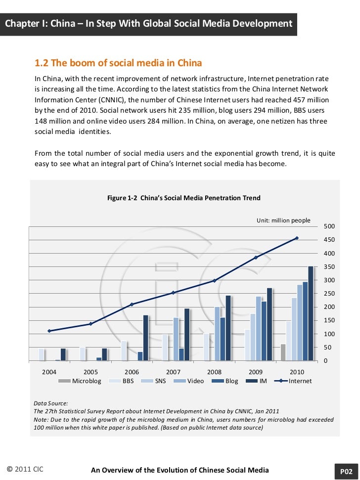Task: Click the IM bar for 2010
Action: [x=311, y=313]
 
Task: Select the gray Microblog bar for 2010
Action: [x=283, y=352]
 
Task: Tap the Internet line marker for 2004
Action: [x=49, y=331]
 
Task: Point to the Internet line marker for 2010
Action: [x=297, y=238]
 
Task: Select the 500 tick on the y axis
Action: [x=329, y=226]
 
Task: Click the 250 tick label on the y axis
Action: [x=329, y=294]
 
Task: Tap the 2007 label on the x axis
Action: [x=173, y=371]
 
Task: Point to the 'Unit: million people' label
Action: [x=283, y=220]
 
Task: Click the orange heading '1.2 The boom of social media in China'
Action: [x=118, y=63]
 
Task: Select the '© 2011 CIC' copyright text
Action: [x=25, y=469]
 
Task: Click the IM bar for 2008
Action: [x=228, y=328]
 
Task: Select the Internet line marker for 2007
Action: [x=173, y=293]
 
